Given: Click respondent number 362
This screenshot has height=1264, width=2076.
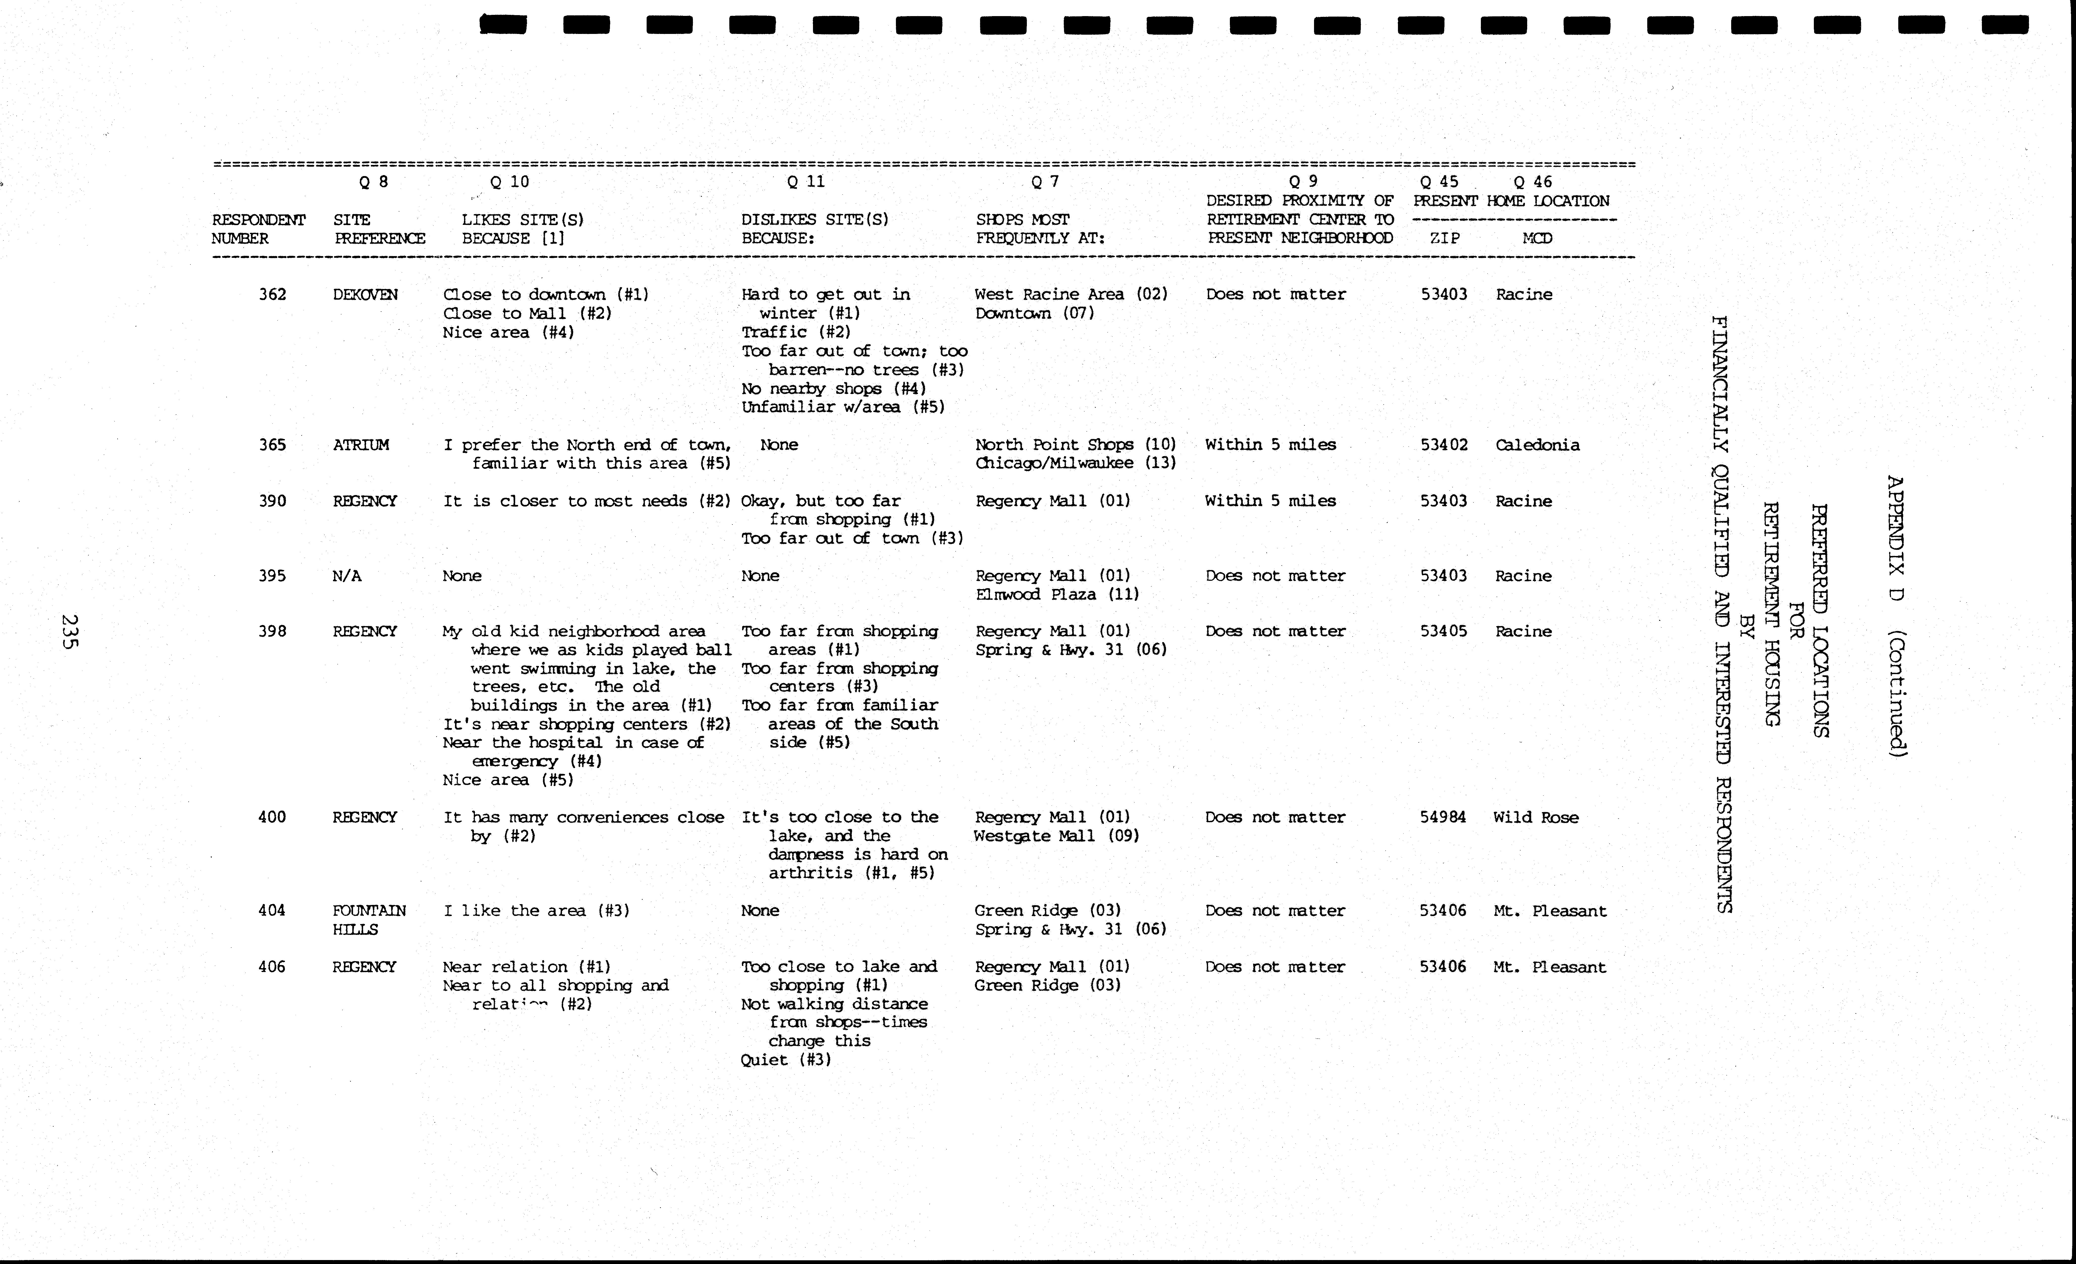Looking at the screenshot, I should [x=272, y=294].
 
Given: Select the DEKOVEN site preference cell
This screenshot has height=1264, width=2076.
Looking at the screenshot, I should [x=365, y=294].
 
